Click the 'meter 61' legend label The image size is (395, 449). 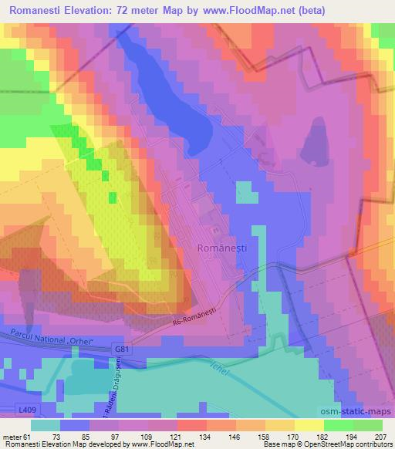(x=16, y=436)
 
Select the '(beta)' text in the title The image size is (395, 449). (x=304, y=12)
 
